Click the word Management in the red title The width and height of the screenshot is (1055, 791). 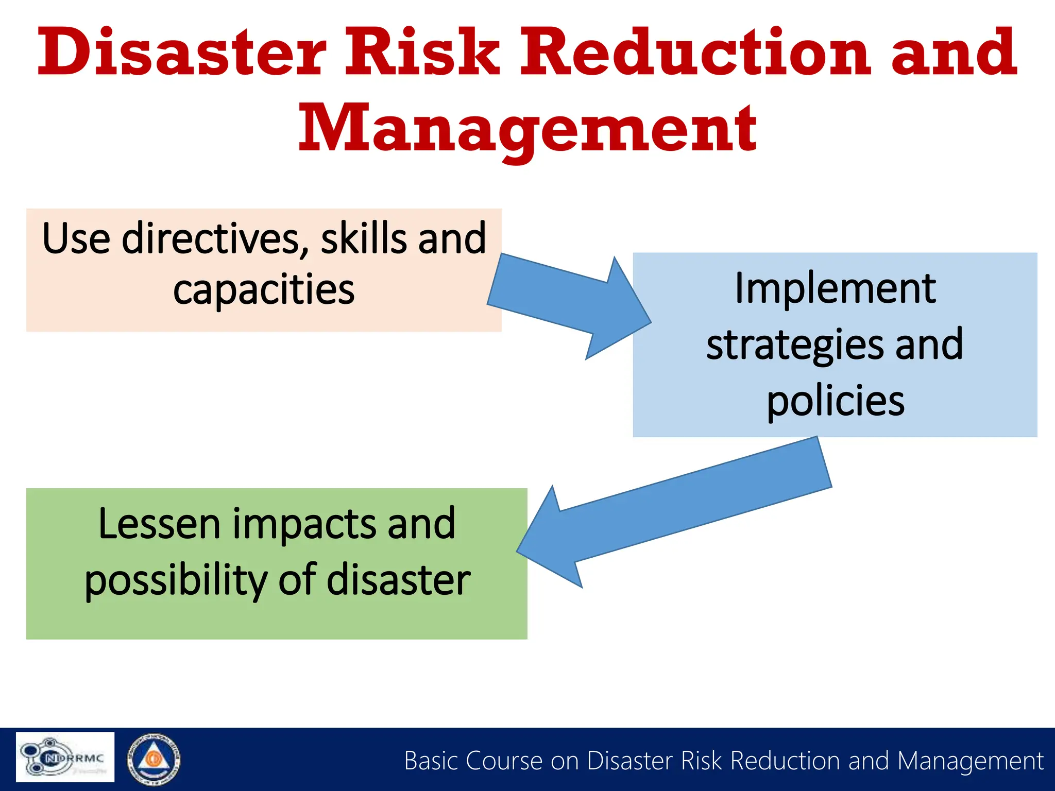(x=527, y=129)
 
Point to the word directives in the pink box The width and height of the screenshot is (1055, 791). (x=211, y=238)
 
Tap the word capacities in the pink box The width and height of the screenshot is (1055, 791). (x=264, y=290)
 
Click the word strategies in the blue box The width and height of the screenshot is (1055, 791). (x=795, y=345)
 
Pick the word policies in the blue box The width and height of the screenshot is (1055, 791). (x=835, y=402)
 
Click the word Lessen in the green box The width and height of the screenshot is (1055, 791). (x=160, y=524)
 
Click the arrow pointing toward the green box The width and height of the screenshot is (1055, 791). (x=670, y=515)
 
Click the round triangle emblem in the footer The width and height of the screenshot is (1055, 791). (x=154, y=759)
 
